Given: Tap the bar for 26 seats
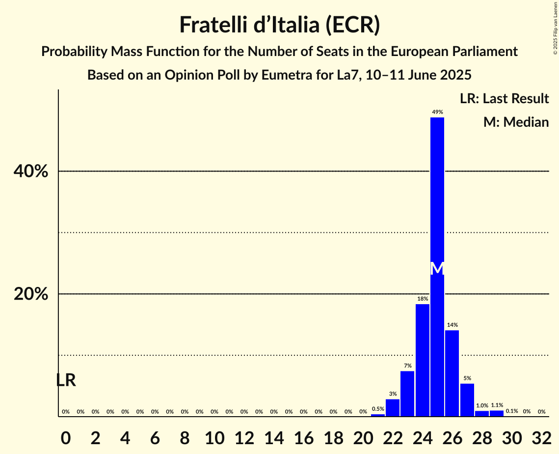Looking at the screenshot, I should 452,373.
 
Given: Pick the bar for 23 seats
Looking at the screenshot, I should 407,394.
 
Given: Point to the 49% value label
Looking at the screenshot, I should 437,112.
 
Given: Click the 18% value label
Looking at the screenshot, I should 423,299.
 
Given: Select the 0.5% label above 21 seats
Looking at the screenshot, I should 378,409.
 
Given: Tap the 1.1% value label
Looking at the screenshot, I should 497,405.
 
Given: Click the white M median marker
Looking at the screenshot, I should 437,268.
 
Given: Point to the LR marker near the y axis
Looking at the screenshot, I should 66,380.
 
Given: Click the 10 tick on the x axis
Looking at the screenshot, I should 214,436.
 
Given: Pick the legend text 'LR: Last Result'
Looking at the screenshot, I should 504,99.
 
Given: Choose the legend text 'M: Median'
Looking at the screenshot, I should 516,122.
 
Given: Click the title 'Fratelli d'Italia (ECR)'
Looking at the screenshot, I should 279,25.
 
